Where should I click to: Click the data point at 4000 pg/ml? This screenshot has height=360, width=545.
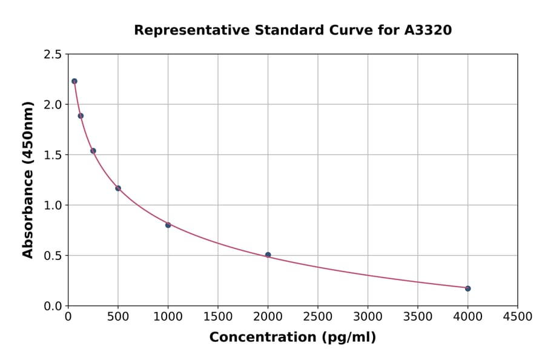(467, 288)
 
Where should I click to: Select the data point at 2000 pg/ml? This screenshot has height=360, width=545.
(268, 255)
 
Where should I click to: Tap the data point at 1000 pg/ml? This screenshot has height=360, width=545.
(168, 225)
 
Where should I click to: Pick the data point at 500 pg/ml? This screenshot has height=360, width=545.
(118, 188)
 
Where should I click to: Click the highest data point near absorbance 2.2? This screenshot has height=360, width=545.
(74, 81)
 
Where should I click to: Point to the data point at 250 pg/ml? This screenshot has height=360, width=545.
(93, 151)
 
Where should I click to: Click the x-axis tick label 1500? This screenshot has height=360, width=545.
(218, 317)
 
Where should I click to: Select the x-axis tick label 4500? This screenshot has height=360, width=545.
(518, 317)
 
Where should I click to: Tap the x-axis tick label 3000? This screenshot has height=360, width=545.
(368, 317)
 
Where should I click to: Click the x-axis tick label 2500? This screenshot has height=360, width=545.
(318, 317)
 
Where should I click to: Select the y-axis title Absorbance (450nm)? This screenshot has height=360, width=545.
(28, 179)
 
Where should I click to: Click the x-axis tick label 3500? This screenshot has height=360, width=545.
(418, 317)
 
